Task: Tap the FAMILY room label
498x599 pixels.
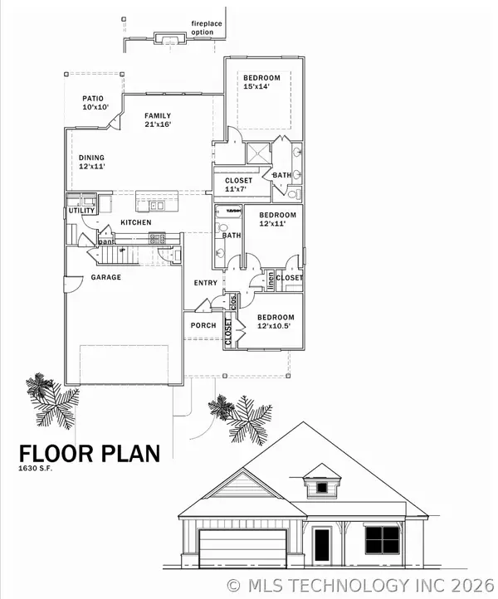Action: coord(158,115)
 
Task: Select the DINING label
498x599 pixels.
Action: coord(91,158)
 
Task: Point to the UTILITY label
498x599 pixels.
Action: coord(81,211)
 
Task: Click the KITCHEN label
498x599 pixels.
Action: coord(135,222)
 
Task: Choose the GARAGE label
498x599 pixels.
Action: coord(105,277)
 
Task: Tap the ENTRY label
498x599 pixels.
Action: coord(205,283)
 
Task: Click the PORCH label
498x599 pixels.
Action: coord(203,326)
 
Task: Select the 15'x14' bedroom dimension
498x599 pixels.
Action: coord(261,86)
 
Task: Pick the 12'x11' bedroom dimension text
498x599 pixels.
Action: coord(277,223)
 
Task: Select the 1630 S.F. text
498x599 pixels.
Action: coord(41,469)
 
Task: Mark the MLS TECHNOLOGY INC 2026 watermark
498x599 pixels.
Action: coord(362,585)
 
